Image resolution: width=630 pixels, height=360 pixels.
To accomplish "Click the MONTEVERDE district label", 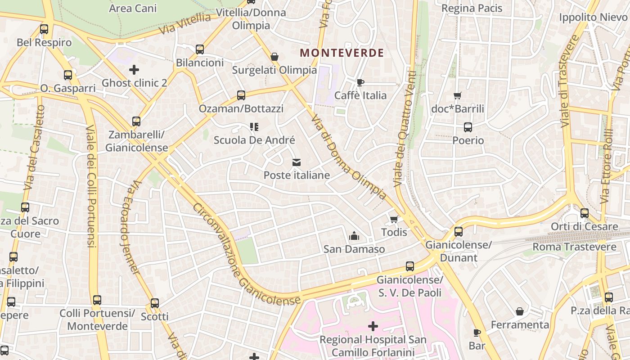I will pyautogui.click(x=342, y=53).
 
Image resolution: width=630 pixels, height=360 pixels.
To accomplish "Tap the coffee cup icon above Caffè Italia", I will pyautogui.click(x=360, y=82).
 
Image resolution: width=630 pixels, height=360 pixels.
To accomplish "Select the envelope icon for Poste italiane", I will pyautogui.click(x=296, y=162).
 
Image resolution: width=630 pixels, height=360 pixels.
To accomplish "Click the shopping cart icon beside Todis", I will pyautogui.click(x=394, y=220).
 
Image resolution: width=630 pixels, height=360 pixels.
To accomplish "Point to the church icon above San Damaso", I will pyautogui.click(x=354, y=236).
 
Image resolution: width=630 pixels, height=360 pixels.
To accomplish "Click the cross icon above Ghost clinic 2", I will pyautogui.click(x=134, y=70).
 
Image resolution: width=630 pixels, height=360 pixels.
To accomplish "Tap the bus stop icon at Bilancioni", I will pyautogui.click(x=200, y=49).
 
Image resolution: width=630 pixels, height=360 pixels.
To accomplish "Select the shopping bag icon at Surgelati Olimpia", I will pyautogui.click(x=274, y=57).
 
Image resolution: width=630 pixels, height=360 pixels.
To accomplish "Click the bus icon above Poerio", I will pyautogui.click(x=468, y=127).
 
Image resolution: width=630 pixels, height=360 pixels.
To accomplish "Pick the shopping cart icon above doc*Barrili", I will pyautogui.click(x=458, y=95).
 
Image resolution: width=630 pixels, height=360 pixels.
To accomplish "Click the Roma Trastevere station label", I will pyautogui.click(x=574, y=247).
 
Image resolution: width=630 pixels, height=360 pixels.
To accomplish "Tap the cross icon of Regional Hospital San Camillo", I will pyautogui.click(x=373, y=326).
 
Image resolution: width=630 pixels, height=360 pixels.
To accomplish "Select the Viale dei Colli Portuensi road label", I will pyautogui.click(x=90, y=186).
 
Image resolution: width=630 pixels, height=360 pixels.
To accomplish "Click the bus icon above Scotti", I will pyautogui.click(x=155, y=303).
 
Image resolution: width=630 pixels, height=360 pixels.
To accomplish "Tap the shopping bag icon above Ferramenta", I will pyautogui.click(x=520, y=311).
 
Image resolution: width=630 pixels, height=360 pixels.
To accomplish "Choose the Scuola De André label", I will pyautogui.click(x=254, y=140).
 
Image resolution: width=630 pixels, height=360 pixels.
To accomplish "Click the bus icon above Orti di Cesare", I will pyautogui.click(x=584, y=213).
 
